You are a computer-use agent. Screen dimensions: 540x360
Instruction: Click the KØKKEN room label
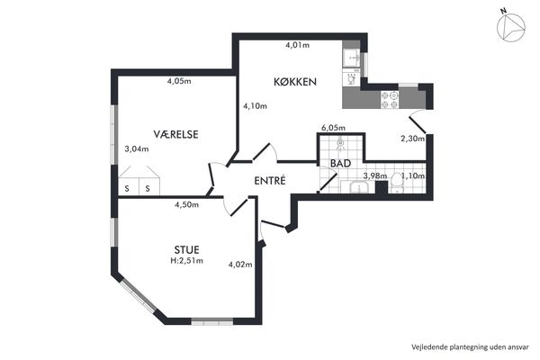(x=295, y=82)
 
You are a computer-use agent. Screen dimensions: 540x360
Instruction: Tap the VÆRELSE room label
(x=175, y=134)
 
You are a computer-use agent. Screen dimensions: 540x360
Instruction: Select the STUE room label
(x=186, y=249)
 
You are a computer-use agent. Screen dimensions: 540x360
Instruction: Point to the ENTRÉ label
(x=270, y=181)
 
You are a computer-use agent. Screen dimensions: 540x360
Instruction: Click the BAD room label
(x=340, y=163)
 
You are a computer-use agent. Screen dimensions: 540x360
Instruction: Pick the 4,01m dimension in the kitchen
(x=298, y=45)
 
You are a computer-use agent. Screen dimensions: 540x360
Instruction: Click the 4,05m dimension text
(x=179, y=81)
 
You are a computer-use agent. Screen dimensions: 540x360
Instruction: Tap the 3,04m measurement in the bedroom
(x=137, y=148)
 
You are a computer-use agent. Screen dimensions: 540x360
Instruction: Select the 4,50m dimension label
(x=186, y=204)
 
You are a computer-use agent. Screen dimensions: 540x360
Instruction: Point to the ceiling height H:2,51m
(x=186, y=260)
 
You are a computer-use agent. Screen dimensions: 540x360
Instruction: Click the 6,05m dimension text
(x=333, y=128)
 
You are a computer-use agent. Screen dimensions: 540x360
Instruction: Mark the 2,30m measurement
(x=412, y=139)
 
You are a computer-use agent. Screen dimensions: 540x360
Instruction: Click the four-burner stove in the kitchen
(x=390, y=100)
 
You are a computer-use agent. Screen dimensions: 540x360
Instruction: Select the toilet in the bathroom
(x=397, y=183)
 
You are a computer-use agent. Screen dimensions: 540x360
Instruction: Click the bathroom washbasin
(x=359, y=187)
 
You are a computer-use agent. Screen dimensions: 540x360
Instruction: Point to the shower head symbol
(x=340, y=143)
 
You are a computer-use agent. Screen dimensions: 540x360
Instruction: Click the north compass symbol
(x=510, y=26)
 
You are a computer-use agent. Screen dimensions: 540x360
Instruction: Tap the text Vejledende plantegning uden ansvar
(x=470, y=346)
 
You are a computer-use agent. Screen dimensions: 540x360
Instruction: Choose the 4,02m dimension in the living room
(x=240, y=265)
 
